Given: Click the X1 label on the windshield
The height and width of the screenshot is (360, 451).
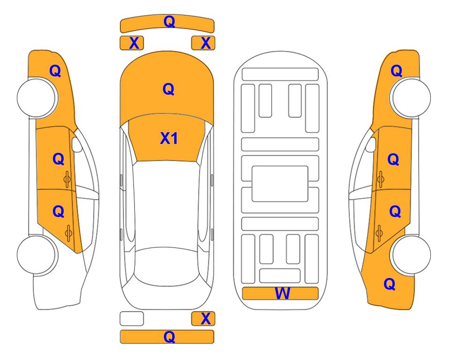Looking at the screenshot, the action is pyautogui.click(x=169, y=138).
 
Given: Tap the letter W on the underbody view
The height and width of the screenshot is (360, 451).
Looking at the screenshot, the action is pyautogui.click(x=282, y=293).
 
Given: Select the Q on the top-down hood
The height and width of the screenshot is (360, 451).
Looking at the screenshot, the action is pyautogui.click(x=169, y=89).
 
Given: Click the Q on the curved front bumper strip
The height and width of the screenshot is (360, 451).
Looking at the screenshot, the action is pyautogui.click(x=169, y=22).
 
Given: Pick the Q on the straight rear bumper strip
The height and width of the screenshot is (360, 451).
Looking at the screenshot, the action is pyautogui.click(x=169, y=337).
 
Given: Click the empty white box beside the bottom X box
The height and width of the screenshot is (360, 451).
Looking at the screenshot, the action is pyautogui.click(x=132, y=319).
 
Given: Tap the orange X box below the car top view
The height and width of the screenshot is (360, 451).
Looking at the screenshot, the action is pyautogui.click(x=203, y=319).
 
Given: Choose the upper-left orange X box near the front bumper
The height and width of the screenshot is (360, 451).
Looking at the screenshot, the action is pyautogui.click(x=132, y=43).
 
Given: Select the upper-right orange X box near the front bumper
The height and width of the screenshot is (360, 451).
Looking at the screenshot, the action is pyautogui.click(x=203, y=43).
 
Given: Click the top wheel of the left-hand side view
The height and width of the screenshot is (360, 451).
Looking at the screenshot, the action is pyautogui.click(x=37, y=97).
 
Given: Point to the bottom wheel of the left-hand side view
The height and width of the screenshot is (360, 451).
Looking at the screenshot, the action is pyautogui.click(x=37, y=255).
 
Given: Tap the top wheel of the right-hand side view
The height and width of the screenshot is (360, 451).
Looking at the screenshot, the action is pyautogui.click(x=411, y=97).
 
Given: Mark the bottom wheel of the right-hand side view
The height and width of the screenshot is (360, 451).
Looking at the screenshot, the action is pyautogui.click(x=411, y=255).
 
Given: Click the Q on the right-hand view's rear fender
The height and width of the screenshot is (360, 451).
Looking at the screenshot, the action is pyautogui.click(x=390, y=284).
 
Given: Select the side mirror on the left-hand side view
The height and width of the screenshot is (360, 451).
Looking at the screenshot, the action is pyautogui.click(x=77, y=144).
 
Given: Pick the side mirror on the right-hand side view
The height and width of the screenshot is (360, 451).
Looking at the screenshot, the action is pyautogui.click(x=370, y=144).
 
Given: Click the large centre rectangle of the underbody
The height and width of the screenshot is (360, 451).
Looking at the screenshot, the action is pyautogui.click(x=280, y=184).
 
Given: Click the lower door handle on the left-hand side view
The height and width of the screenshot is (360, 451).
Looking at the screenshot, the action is pyautogui.click(x=68, y=233).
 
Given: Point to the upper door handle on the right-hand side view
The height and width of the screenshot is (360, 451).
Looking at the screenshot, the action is pyautogui.click(x=380, y=179).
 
